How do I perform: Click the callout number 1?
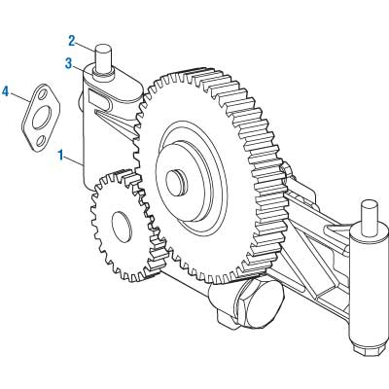tap(62, 154)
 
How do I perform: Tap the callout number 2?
tap(71, 41)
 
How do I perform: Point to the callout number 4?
tap(6, 92)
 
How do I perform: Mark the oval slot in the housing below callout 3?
tap(99, 96)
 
